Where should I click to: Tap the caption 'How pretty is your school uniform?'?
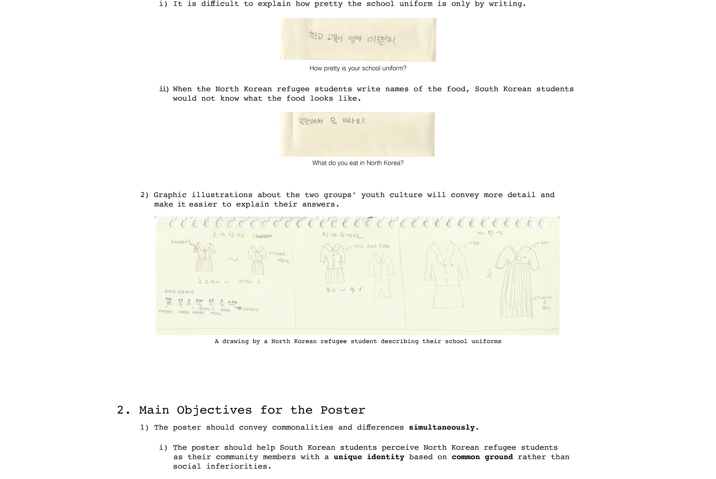(358, 68)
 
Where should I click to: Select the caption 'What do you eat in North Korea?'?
(358, 163)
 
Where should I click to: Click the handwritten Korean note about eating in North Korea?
(332, 121)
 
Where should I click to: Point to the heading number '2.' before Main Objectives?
(124, 410)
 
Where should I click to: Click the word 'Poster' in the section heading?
(343, 410)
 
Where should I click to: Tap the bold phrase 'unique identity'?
(369, 457)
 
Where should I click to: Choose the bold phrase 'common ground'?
(482, 457)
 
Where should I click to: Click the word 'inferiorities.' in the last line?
(239, 466)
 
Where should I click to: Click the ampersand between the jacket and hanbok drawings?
(489, 273)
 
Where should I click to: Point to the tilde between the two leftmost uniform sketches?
(233, 259)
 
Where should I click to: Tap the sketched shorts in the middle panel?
(382, 289)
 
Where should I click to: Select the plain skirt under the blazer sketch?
(448, 297)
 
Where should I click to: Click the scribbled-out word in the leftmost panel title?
(263, 236)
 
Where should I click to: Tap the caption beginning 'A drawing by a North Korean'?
(358, 341)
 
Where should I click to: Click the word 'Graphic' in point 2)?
(172, 195)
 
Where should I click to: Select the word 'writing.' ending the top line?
(507, 4)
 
